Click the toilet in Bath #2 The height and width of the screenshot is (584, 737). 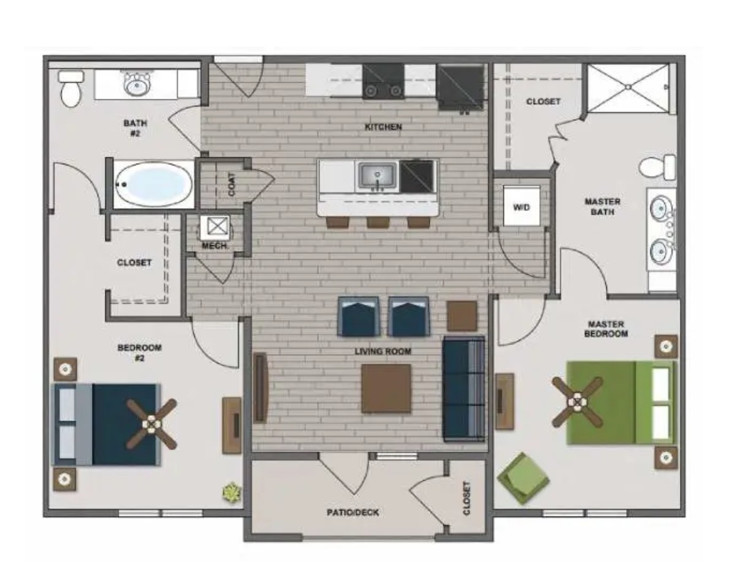[71, 89]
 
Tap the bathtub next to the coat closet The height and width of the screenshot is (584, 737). [153, 184]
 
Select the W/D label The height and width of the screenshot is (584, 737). [521, 207]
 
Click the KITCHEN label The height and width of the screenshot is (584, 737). [383, 127]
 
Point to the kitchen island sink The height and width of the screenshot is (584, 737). [377, 177]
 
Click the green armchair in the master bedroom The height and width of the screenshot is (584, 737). [523, 479]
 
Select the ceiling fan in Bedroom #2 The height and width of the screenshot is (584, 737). [151, 424]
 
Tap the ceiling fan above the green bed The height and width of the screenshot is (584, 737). [578, 402]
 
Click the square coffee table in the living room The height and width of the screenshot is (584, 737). [386, 388]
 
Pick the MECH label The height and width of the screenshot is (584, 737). [215, 246]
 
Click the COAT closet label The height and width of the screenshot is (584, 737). [232, 184]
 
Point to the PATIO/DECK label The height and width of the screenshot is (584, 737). [353, 512]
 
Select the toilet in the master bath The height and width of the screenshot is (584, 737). [657, 167]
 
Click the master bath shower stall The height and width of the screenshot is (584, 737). [628, 88]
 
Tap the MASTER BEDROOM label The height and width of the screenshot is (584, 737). [606, 328]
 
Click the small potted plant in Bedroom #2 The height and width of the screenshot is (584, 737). [232, 492]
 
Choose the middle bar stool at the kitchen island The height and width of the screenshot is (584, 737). [378, 222]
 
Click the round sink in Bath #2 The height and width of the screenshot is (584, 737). [137, 83]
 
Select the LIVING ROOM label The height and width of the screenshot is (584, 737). [383, 351]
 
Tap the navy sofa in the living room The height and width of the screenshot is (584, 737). [464, 389]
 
